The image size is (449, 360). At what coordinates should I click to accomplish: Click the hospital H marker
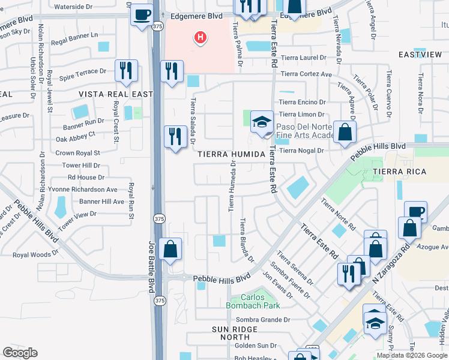(x=200, y=38)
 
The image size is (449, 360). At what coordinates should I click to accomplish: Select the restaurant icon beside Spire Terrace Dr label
(x=126, y=71)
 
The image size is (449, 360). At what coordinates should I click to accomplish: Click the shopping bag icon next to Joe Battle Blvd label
(x=170, y=250)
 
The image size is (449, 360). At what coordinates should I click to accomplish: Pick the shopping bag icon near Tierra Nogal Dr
(x=345, y=133)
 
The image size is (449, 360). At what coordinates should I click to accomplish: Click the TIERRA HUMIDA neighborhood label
(x=231, y=154)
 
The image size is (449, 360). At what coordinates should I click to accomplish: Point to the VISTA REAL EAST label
(x=115, y=94)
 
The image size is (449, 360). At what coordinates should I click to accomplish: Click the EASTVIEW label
(x=420, y=55)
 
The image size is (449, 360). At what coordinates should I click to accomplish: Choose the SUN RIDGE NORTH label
(x=235, y=334)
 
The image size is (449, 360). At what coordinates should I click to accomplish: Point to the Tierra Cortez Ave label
(x=306, y=74)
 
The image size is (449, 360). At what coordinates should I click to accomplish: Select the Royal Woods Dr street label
(x=36, y=254)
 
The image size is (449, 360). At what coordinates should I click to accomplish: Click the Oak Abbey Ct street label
(x=76, y=137)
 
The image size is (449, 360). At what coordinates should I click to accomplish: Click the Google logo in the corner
(x=20, y=352)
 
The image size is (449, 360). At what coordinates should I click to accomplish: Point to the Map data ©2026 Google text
(x=411, y=355)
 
